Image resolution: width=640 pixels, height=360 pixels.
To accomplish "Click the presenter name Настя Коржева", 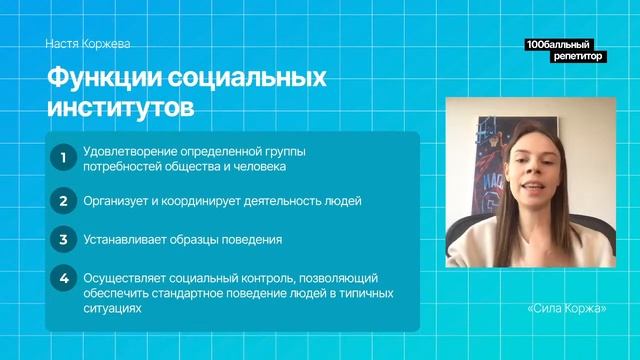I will [88, 44].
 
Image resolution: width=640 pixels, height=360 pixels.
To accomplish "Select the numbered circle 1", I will [63, 158].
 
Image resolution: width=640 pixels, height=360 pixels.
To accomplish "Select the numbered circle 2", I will [63, 201].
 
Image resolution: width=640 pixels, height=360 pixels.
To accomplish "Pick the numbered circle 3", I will [63, 240].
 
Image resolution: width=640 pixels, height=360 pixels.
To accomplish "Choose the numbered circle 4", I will [63, 279].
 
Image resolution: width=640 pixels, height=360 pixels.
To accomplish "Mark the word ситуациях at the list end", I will [113, 310].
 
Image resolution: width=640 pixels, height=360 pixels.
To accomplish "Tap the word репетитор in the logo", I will [577, 57].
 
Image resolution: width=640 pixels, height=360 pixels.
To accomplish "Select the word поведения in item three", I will [254, 240].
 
